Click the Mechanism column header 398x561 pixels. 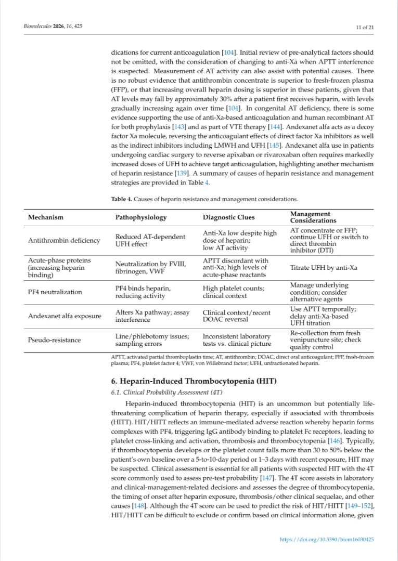(46, 217)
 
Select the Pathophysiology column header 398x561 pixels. (141, 217)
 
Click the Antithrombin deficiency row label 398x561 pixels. (64, 241)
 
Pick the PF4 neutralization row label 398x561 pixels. (55, 292)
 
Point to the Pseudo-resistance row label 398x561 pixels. (54, 340)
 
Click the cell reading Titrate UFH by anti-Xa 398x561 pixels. (324, 268)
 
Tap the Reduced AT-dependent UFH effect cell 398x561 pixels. (150, 241)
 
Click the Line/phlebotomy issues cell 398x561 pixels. (152, 340)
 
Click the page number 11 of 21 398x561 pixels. (365, 27)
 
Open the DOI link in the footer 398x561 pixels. (327, 540)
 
